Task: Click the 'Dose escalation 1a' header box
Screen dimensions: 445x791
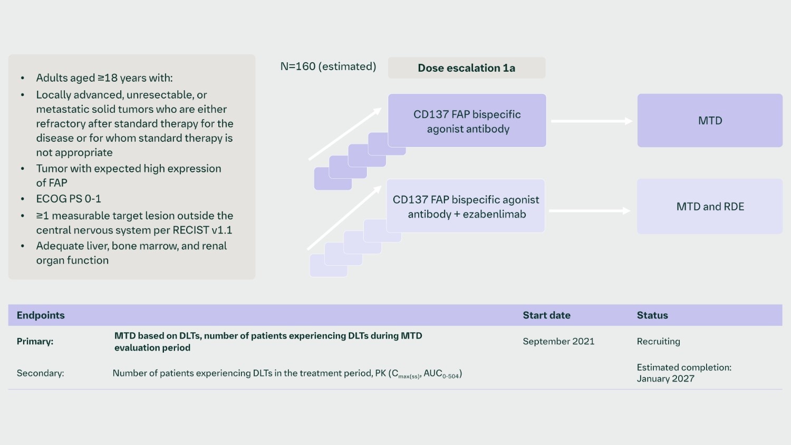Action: click(466, 68)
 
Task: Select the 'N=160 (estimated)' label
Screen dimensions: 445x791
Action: click(328, 66)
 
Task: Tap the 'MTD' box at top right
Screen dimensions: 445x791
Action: click(709, 121)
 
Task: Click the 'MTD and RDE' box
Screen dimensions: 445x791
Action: click(709, 207)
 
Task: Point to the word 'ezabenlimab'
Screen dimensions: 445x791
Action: click(494, 214)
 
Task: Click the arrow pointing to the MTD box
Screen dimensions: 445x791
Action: click(591, 121)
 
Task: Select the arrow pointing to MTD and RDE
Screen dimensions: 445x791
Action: click(590, 211)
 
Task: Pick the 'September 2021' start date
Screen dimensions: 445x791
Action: click(558, 341)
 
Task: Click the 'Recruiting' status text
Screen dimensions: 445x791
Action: click(658, 341)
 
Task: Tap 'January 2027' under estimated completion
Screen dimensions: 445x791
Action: click(665, 379)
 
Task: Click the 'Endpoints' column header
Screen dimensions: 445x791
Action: click(41, 315)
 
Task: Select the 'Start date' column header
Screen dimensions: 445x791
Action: click(546, 315)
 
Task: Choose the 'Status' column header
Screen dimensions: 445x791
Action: click(652, 315)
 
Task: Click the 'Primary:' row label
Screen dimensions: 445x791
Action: click(35, 341)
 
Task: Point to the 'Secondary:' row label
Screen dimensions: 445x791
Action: click(40, 373)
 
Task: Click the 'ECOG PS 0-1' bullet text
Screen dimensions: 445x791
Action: click(69, 199)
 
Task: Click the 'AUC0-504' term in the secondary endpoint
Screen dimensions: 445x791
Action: click(441, 374)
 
